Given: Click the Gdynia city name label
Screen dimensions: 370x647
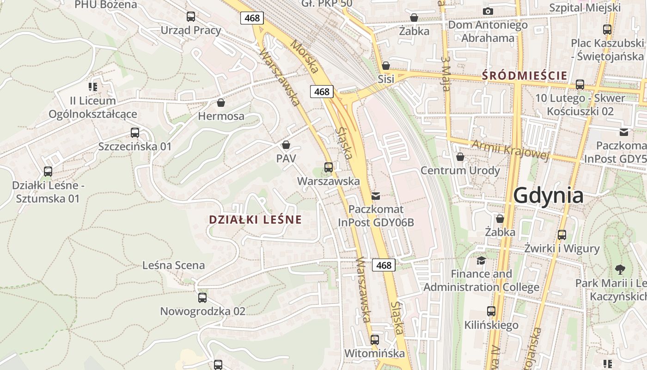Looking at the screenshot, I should (548, 195).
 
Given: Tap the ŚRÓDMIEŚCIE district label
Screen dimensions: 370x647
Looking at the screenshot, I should (525, 75).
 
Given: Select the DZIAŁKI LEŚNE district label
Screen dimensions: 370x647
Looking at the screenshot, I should (255, 220).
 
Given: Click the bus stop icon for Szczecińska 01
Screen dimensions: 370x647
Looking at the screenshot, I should (135, 133).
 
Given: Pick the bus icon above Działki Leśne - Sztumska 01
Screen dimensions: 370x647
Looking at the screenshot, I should (48, 172).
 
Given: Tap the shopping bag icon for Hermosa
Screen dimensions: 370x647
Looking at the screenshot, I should (221, 102).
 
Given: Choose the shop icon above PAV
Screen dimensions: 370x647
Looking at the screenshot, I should (286, 145).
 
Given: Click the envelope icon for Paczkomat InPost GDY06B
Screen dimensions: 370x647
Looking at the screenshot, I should (376, 196).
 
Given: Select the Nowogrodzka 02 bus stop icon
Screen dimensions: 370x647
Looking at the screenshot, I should (202, 297).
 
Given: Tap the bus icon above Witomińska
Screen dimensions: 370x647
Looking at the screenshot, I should (375, 340).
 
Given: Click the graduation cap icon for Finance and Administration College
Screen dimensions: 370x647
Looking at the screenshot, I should (481, 260).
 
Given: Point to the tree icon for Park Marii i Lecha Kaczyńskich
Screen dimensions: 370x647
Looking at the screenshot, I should (620, 269).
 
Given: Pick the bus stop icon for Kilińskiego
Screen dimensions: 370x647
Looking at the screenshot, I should (491, 311).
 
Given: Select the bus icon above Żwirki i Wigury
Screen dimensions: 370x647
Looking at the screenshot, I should (562, 234).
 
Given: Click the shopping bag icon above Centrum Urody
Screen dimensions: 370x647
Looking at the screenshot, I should (460, 157).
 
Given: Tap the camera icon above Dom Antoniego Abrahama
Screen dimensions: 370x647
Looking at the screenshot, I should (488, 11).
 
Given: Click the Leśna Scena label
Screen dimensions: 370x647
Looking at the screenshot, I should (173, 265).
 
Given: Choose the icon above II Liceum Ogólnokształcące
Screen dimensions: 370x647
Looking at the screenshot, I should (93, 86).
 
